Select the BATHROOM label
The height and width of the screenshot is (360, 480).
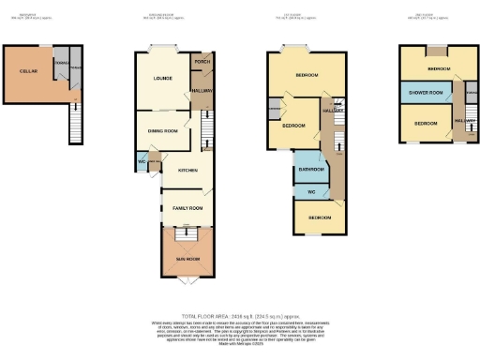[x=310, y=170]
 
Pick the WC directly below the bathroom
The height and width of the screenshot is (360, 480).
[x=310, y=191]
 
